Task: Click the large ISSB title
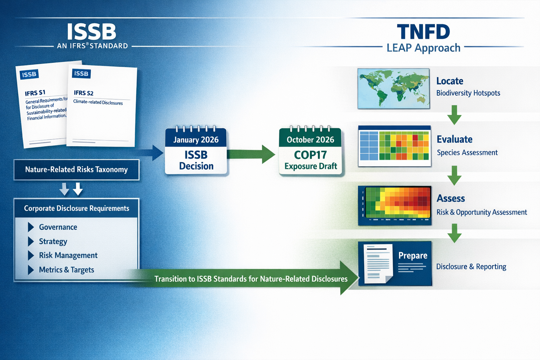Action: pyautogui.click(x=91, y=32)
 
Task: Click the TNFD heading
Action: pyautogui.click(x=423, y=32)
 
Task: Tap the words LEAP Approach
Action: pyautogui.click(x=423, y=48)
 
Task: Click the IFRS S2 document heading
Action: pyautogui.click(x=84, y=93)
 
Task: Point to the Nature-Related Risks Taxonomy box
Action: pyautogui.click(x=76, y=169)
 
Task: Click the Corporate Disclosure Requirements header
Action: pyautogui.click(x=76, y=208)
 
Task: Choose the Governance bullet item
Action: pyautogui.click(x=58, y=227)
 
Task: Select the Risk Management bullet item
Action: pyautogui.click(x=68, y=256)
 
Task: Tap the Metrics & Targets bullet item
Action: pyautogui.click(x=66, y=270)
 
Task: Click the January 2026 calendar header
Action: pyautogui.click(x=196, y=140)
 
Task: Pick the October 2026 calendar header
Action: pyautogui.click(x=310, y=140)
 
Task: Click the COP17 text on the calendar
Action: pyautogui.click(x=310, y=155)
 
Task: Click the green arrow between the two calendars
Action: pyautogui.click(x=251, y=154)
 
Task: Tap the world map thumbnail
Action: pyautogui.click(x=393, y=89)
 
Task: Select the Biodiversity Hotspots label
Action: pyautogui.click(x=468, y=93)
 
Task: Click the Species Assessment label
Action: pyautogui.click(x=467, y=153)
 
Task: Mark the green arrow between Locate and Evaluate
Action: pyautogui.click(x=454, y=115)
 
